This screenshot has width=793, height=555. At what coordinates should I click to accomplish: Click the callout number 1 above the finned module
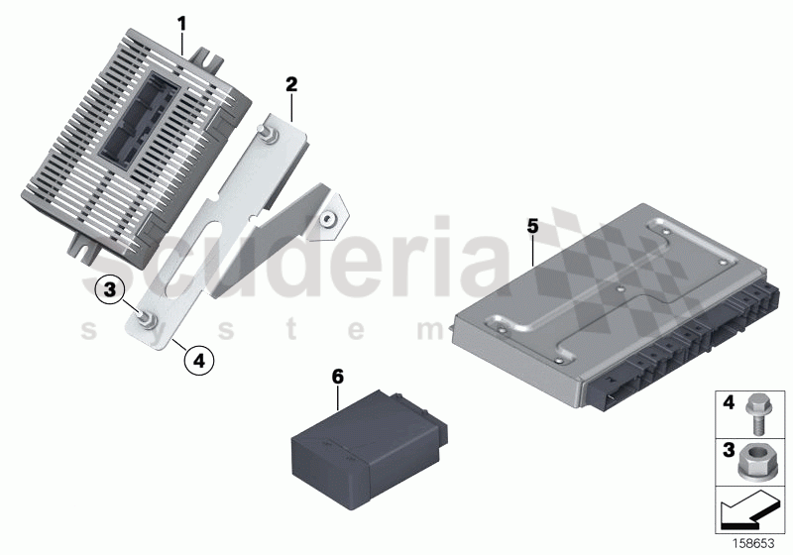[x=181, y=21]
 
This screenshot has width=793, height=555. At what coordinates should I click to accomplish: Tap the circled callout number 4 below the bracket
[x=198, y=362]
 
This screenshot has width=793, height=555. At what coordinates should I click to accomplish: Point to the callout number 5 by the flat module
[x=532, y=227]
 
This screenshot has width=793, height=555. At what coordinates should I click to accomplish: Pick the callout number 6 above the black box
[x=337, y=377]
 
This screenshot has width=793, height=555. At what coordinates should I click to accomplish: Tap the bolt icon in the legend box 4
[x=754, y=415]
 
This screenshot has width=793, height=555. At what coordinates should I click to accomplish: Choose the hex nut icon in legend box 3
[x=754, y=459]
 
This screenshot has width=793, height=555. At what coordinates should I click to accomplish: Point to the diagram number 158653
[x=753, y=541]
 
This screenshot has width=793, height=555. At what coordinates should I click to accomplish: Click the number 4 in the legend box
[x=727, y=403]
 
